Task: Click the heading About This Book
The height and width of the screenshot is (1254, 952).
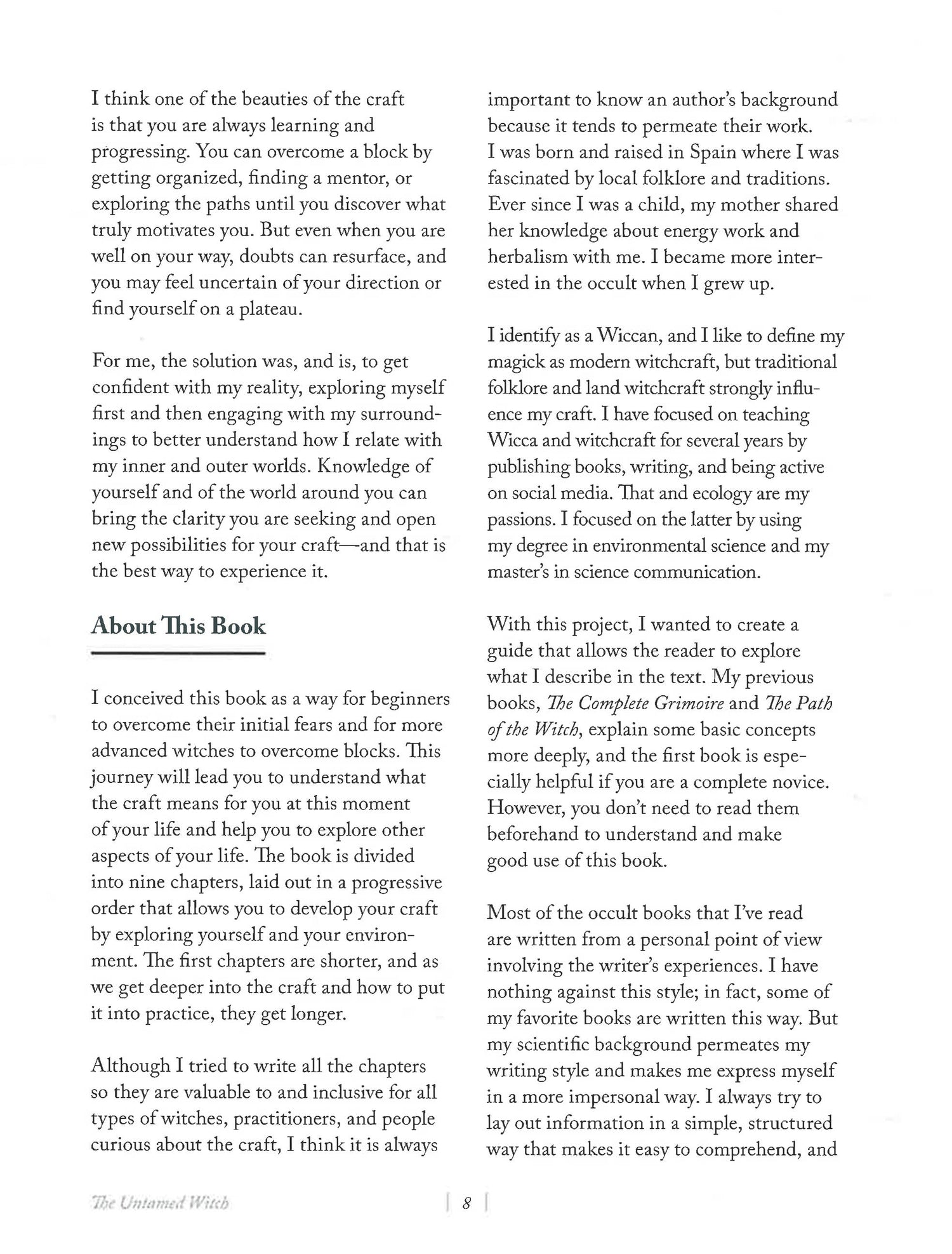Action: [x=178, y=626]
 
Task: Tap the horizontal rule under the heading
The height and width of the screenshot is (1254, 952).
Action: [x=178, y=652]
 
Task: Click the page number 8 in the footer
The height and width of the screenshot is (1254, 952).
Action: [x=466, y=1203]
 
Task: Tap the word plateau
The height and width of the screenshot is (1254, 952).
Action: [x=269, y=310]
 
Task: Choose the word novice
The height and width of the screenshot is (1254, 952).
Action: [x=798, y=782]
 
